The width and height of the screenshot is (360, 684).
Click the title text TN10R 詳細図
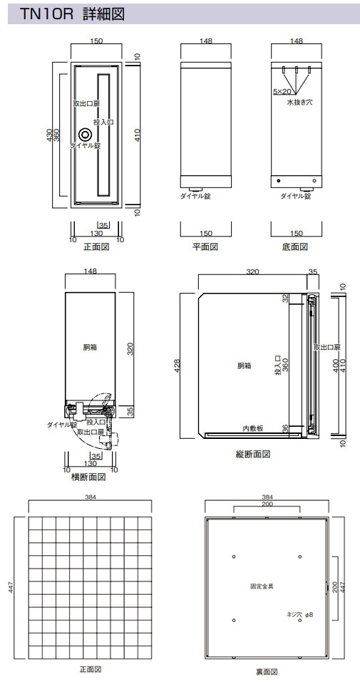(x=72, y=14)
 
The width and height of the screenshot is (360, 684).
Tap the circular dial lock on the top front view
(x=85, y=135)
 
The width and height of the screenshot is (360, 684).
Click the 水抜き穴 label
(x=299, y=103)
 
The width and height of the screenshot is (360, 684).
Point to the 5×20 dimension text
(x=282, y=91)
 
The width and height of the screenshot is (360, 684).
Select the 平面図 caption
(x=205, y=247)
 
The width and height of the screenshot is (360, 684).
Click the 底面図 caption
(x=294, y=247)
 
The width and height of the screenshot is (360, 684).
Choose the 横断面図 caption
(x=88, y=477)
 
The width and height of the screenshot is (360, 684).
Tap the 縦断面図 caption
(x=253, y=454)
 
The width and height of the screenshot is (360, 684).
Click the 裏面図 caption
(x=267, y=672)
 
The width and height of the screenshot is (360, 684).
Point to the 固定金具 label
(x=262, y=586)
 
